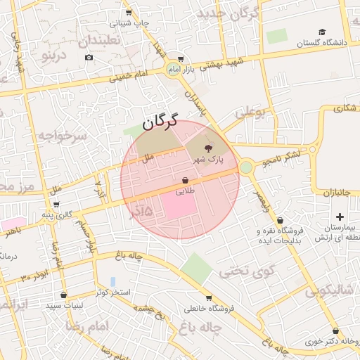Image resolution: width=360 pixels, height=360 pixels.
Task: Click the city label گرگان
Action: pos(160,122)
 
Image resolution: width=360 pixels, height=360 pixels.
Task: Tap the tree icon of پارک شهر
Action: pos(208,148)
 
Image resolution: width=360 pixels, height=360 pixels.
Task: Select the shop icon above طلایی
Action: pos(185,180)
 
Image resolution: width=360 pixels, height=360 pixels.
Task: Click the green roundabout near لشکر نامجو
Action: pos(246,167)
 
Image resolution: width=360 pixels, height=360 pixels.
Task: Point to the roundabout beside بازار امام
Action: pos(173,69)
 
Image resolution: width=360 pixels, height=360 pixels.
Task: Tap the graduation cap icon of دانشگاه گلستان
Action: pos(322,32)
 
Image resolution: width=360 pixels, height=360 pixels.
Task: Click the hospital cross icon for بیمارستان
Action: pos(340,216)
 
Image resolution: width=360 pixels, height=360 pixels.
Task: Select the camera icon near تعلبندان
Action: pos(89,56)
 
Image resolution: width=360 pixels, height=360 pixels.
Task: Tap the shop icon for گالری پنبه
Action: pos(56,205)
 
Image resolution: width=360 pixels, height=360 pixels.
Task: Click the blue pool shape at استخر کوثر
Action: pos(113,281)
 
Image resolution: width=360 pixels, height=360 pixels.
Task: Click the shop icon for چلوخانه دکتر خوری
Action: pos(335,330)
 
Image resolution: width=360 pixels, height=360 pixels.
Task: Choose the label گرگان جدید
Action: pos(229,13)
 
